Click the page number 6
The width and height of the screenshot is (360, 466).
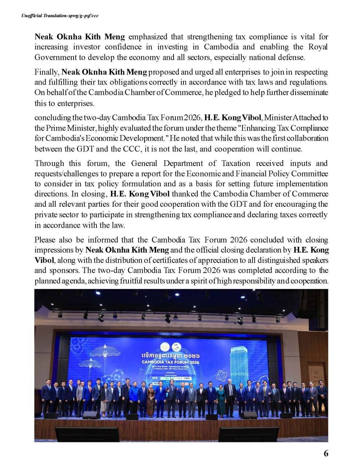326,453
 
